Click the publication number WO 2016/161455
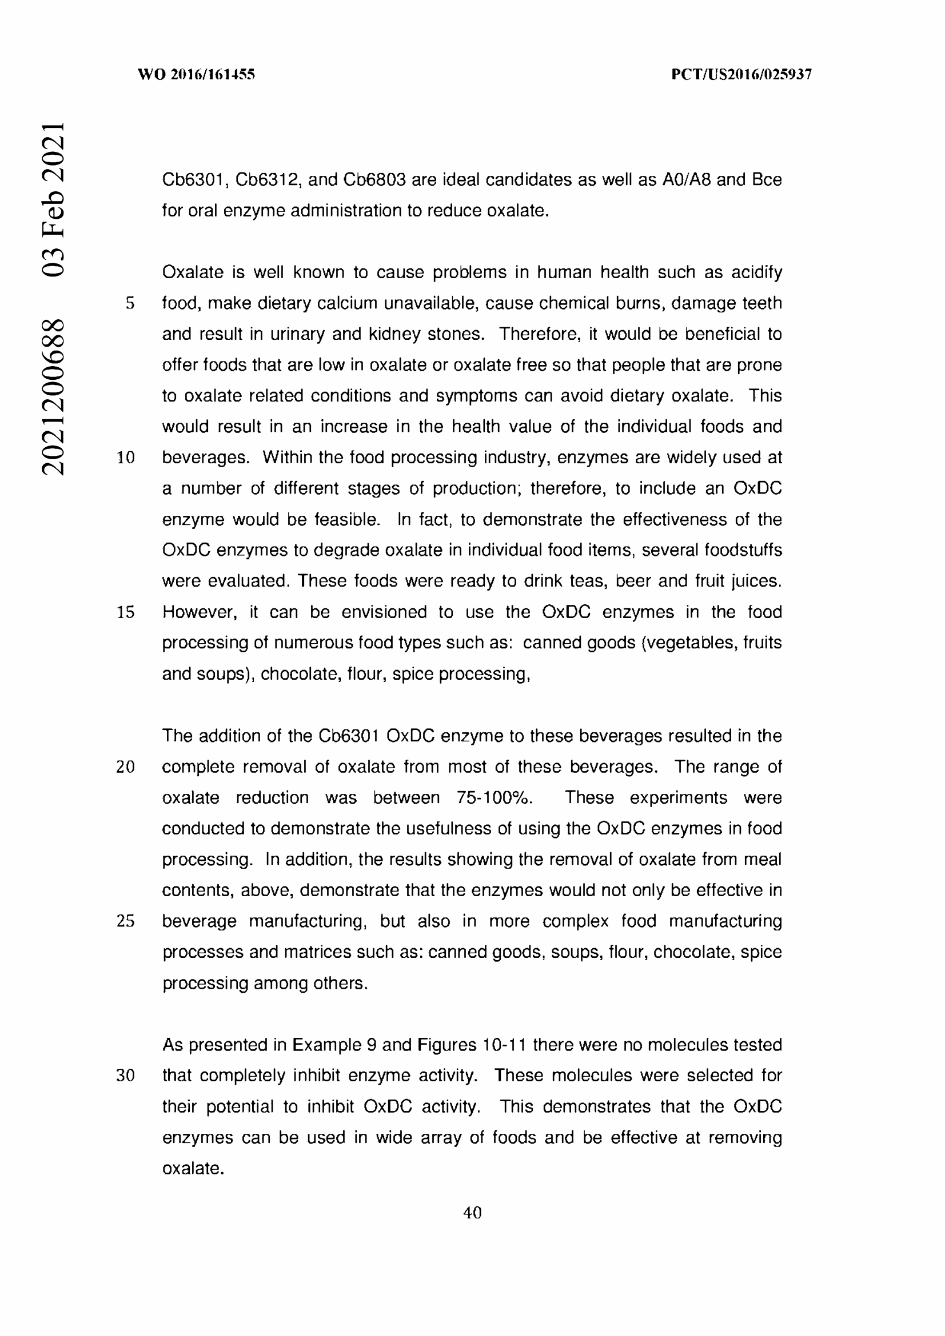pos(196,74)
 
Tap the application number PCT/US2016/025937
pos(741,74)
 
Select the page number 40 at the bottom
pos(472,1213)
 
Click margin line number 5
pos(130,303)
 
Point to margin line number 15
pos(126,612)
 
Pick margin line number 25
pos(126,921)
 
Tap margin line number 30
pos(126,1076)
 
